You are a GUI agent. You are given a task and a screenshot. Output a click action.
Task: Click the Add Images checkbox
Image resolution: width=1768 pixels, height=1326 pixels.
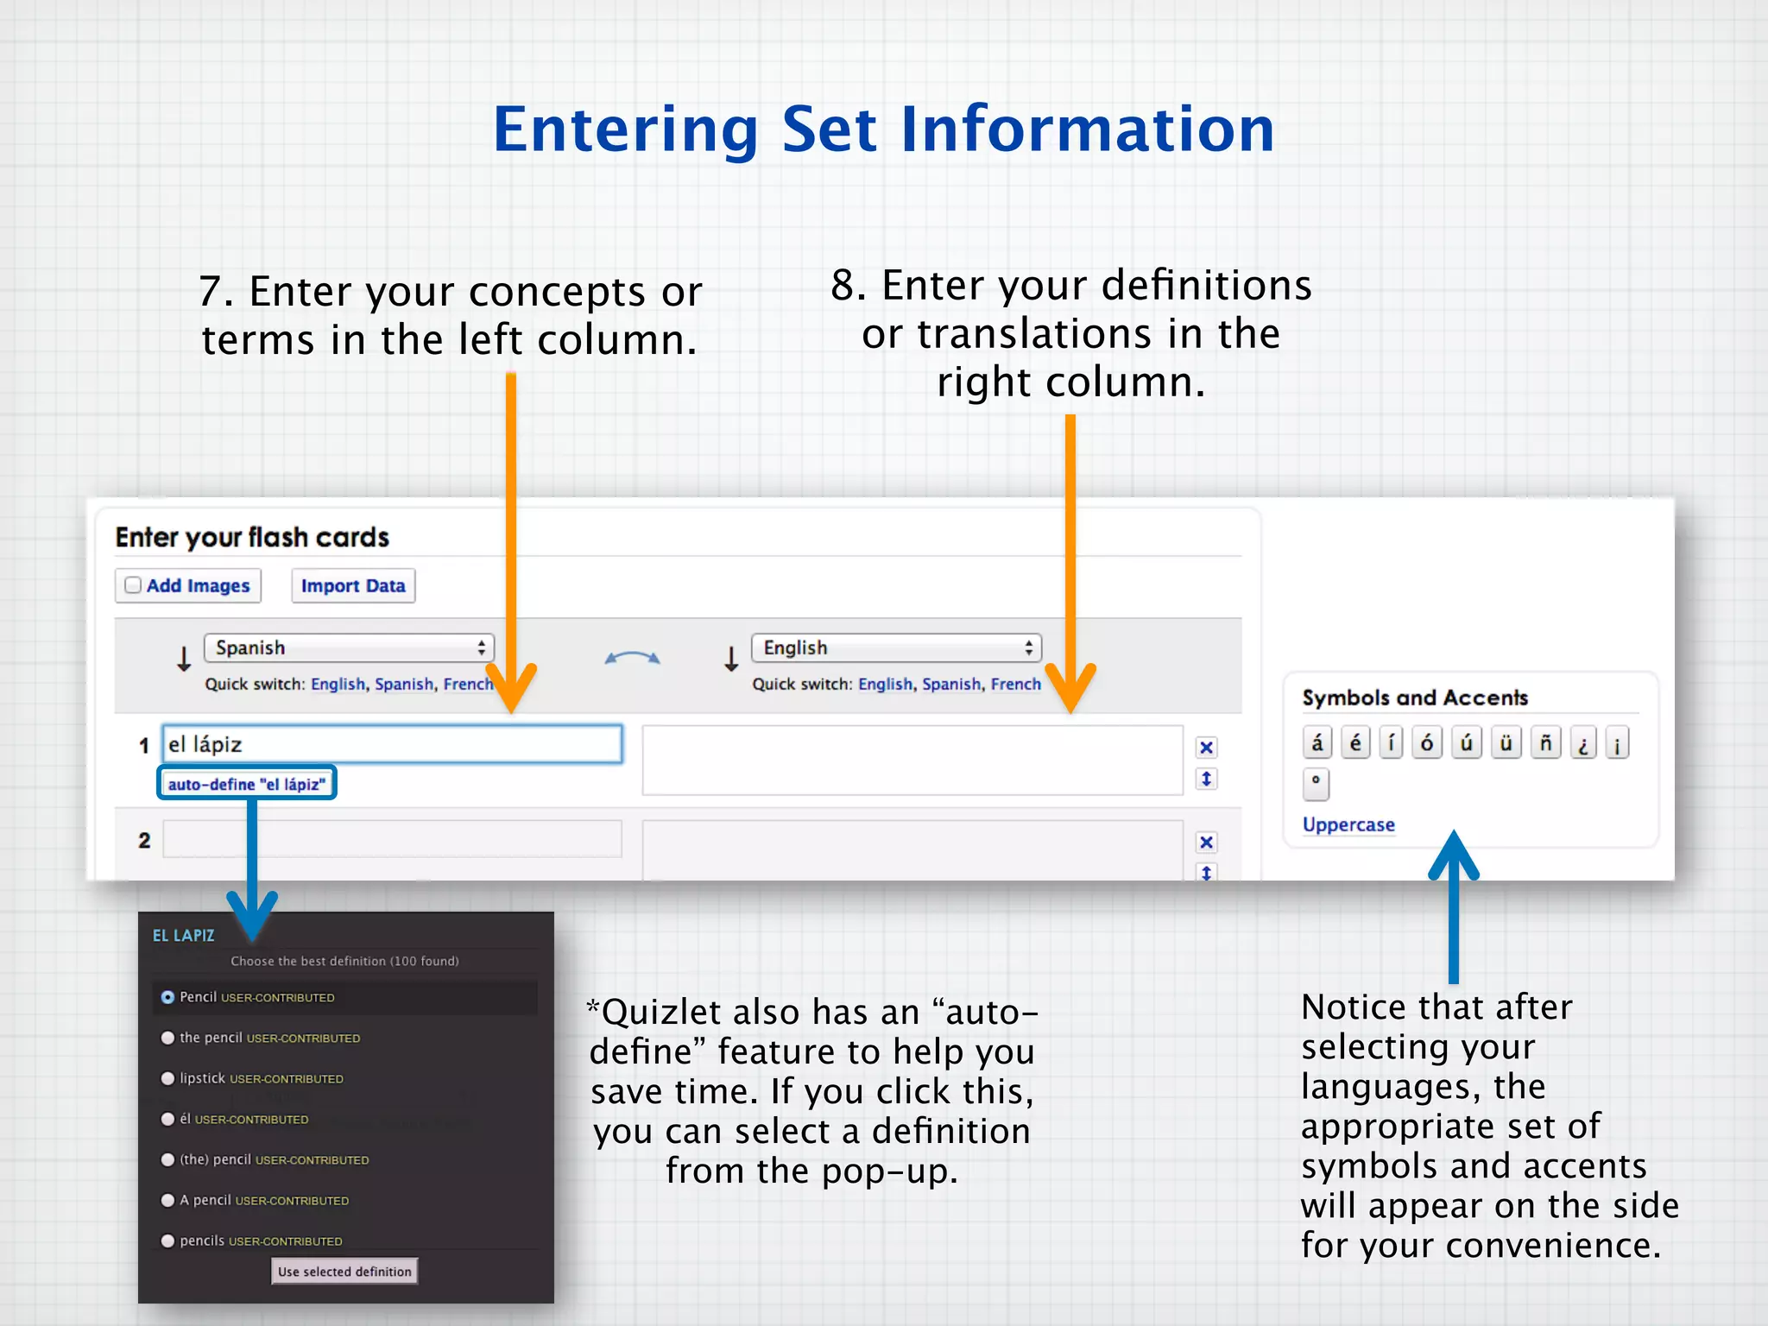(133, 585)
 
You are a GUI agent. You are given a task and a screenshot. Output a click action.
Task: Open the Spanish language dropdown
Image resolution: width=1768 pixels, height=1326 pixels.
(349, 647)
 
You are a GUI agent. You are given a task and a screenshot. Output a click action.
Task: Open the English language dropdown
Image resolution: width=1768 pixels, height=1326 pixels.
(896, 647)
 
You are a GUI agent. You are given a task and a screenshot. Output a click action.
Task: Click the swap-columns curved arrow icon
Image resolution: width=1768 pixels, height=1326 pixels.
(632, 659)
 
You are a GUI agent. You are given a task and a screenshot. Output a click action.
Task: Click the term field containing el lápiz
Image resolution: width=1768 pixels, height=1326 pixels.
(392, 744)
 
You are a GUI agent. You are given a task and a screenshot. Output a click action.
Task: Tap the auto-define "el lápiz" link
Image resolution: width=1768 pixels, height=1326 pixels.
(247, 784)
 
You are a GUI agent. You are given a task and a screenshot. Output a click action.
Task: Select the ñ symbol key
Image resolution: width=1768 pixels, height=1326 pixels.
(1545, 742)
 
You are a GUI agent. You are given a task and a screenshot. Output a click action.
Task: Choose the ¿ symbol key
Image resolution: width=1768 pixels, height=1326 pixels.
(1582, 742)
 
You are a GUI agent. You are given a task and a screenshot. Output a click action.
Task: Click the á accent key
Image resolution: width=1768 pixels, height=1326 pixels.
(1317, 742)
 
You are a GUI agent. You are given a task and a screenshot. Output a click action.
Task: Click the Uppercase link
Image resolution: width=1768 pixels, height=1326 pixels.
(1348, 824)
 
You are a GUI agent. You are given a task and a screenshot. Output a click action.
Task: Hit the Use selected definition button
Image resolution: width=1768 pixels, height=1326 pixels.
(344, 1271)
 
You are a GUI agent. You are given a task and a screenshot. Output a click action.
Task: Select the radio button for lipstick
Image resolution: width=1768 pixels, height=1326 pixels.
(168, 1078)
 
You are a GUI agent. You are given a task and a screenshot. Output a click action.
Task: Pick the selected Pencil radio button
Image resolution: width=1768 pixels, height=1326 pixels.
(168, 997)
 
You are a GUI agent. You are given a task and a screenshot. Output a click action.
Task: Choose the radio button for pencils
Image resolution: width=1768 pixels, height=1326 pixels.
(168, 1241)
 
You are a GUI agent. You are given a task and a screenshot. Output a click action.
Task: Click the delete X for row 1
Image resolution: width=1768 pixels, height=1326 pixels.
(1207, 748)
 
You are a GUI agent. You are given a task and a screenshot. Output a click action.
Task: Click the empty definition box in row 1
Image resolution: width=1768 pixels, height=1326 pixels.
(912, 760)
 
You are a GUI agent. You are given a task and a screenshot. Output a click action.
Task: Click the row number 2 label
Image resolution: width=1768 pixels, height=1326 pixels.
(144, 840)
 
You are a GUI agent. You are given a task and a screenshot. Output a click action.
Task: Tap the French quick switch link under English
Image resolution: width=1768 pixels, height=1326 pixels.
(1015, 684)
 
